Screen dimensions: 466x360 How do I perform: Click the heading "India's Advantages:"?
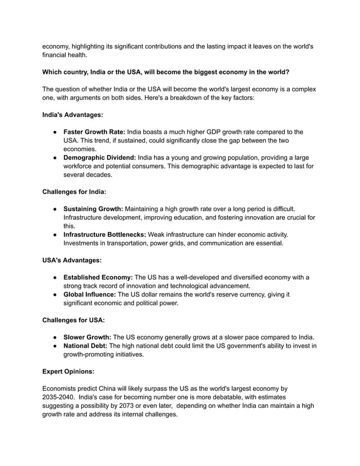coord(73,115)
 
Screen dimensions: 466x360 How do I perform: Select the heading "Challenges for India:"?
coord(74,191)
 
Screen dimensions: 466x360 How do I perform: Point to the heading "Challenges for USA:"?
coord(73,320)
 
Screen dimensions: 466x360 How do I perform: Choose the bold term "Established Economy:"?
coord(98,277)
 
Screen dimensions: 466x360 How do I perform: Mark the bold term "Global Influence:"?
coord(92,294)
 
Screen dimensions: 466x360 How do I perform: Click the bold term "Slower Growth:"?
coord(87,337)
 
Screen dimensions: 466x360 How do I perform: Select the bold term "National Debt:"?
coord(87,345)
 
